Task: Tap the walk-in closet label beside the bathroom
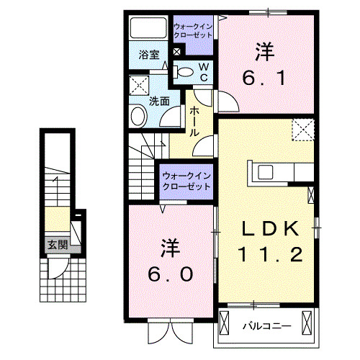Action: click(x=192, y=29)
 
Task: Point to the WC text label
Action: click(x=203, y=71)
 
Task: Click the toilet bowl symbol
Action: click(x=185, y=71)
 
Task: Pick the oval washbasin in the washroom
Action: click(x=137, y=117)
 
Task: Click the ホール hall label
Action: click(x=194, y=122)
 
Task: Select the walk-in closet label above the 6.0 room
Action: click(x=186, y=180)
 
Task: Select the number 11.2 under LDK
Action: click(x=267, y=254)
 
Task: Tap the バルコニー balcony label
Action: click(x=266, y=325)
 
